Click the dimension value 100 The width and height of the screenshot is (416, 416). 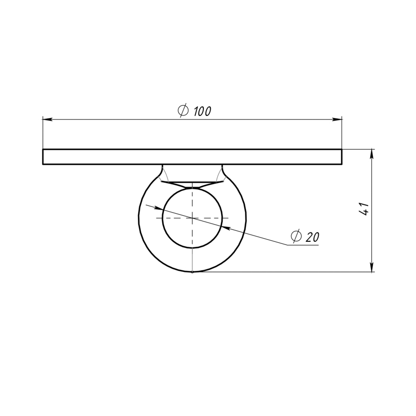pos(203,111)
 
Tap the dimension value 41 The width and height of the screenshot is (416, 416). pos(363,209)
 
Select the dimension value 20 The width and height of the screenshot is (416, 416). pos(313,237)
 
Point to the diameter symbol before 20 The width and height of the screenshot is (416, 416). pos(296,236)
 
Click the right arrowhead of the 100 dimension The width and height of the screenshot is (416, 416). pos(337,120)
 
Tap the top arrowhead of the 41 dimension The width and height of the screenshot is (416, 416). pos(372,154)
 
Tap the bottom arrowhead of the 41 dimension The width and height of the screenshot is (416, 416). pos(372,267)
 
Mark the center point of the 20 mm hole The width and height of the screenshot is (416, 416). pos(192,218)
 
